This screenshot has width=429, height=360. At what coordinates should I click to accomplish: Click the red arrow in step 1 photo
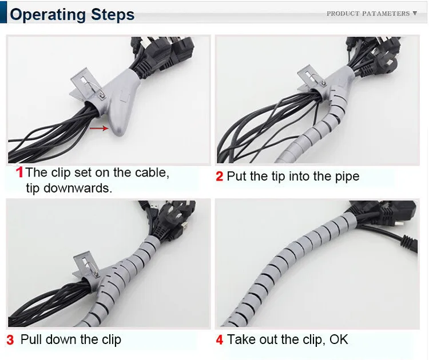point(99,128)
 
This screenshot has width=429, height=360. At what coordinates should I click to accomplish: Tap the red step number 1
point(19,172)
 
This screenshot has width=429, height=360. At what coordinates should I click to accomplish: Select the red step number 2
point(220,177)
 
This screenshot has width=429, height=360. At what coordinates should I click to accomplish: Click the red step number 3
point(10,340)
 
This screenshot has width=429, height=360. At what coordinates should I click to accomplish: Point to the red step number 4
point(220,340)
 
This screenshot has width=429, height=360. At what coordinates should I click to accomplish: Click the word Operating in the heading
point(48,15)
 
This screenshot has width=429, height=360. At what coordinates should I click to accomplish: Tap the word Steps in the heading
point(113,14)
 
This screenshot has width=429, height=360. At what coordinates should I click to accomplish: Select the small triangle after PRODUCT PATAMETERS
point(415,13)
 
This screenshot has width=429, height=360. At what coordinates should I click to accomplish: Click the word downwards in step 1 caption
point(77,188)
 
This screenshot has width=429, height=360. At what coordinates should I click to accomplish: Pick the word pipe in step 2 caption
point(347,177)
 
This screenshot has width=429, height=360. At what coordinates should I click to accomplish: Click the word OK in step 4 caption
point(339,339)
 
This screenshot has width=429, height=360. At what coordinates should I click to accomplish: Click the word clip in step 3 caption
point(112,340)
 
